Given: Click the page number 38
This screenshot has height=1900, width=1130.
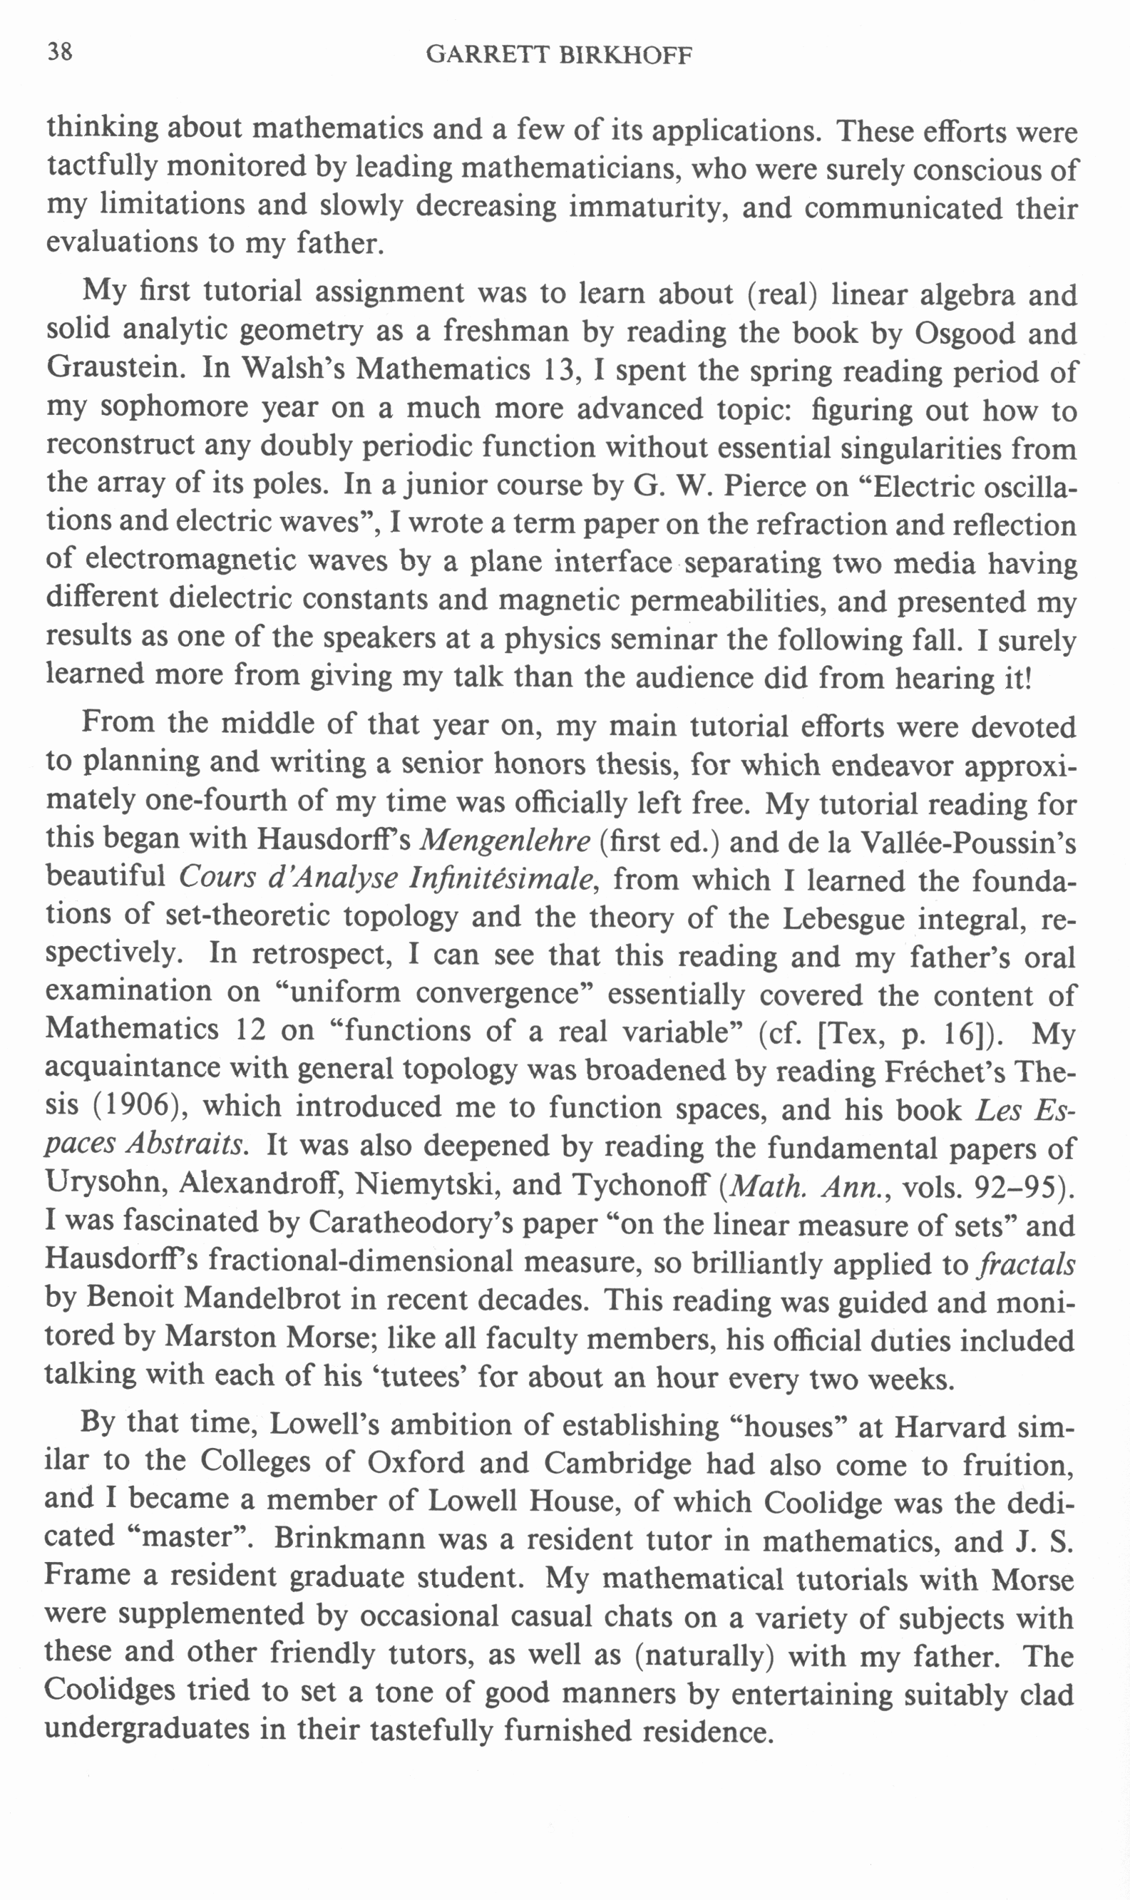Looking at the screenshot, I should click(60, 52).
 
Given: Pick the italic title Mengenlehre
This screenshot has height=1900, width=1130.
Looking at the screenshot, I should click(505, 841).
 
